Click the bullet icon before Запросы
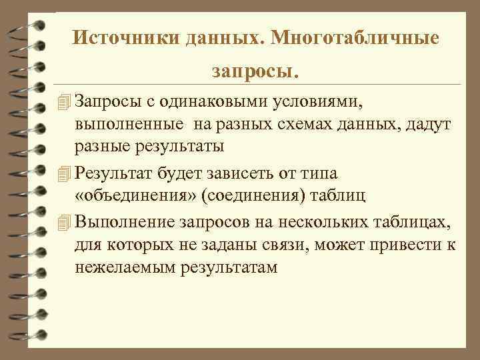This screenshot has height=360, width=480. click(64, 102)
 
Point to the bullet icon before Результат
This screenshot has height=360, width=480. click(64, 175)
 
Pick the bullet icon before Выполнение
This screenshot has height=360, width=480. click(64, 222)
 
